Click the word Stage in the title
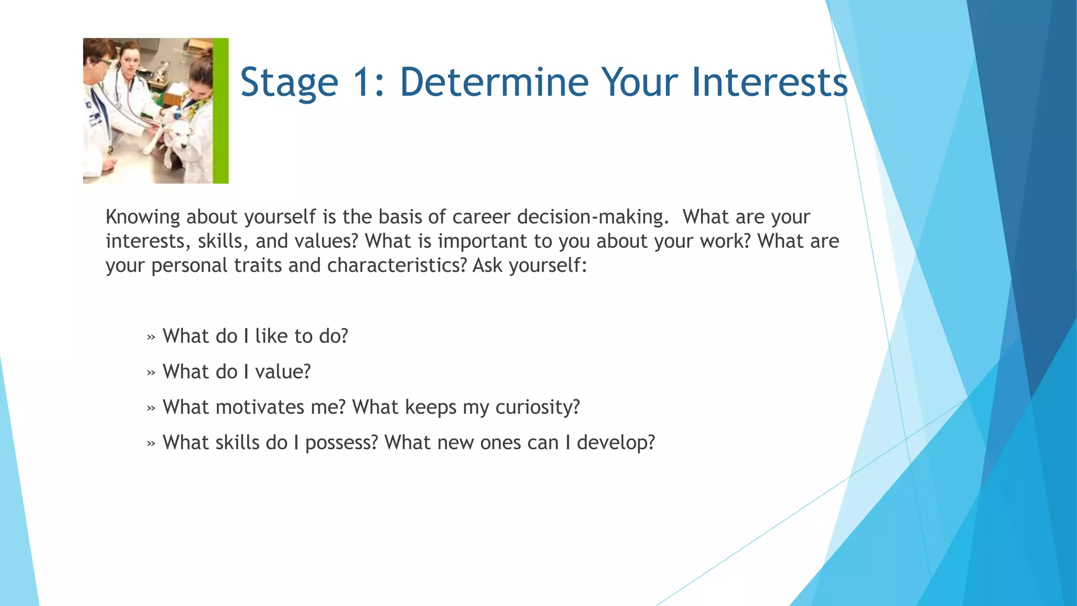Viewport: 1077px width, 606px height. click(x=289, y=83)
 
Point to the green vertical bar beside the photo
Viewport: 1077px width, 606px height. click(x=221, y=110)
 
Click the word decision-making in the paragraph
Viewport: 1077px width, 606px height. click(x=593, y=217)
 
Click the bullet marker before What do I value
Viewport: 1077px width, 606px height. click(x=151, y=373)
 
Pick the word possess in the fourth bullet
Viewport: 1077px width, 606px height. click(x=341, y=443)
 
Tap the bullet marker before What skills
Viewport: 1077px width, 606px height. click(x=151, y=444)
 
